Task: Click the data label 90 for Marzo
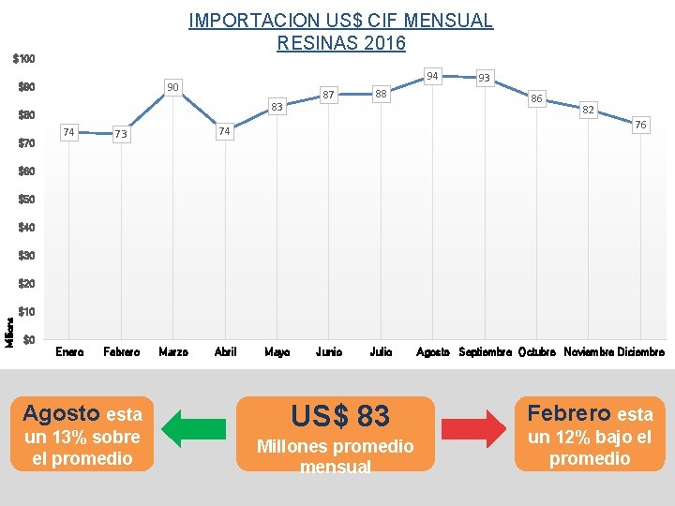pos(172,87)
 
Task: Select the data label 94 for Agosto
pos(432,76)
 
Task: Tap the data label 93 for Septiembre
pos(485,78)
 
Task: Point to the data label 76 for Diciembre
pos(640,125)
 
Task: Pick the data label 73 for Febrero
pos(121,134)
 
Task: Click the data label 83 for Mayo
pos(277,107)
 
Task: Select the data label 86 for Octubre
pos(536,99)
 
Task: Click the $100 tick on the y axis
pos(23,58)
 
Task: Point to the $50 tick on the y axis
pos(26,200)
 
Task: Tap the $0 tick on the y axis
pos(29,339)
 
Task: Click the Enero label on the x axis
pos(69,352)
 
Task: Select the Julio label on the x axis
pos(381,352)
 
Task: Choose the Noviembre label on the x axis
pos(589,352)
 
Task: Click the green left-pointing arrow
pos(194,428)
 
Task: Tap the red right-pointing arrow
pos(474,428)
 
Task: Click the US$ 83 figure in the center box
pos(340,416)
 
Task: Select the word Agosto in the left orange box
pos(61,414)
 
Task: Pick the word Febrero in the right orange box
pos(569,413)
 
